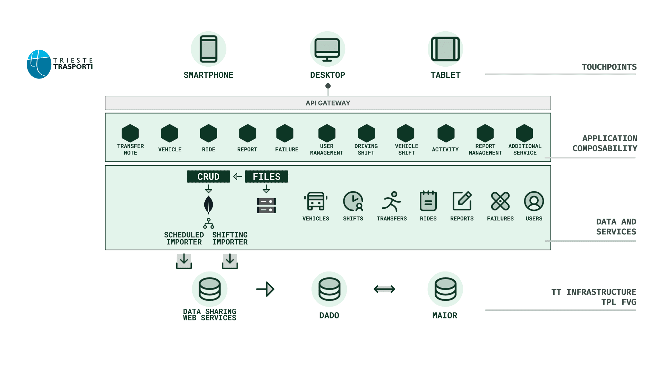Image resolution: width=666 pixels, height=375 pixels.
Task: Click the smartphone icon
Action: (208, 49)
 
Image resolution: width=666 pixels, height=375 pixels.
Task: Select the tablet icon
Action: (445, 49)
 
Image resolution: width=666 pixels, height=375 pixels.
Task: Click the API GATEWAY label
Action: (328, 103)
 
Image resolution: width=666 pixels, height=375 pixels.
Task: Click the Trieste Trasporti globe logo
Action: (39, 64)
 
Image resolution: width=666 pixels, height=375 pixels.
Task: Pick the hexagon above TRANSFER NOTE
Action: (130, 133)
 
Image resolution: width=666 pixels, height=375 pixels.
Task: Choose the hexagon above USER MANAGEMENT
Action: (327, 133)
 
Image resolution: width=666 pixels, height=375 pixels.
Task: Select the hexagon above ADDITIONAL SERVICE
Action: (524, 133)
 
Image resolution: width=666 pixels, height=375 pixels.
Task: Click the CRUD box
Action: (208, 176)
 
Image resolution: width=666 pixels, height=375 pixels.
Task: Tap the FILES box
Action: (266, 176)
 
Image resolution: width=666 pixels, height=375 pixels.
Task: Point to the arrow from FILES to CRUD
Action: (238, 176)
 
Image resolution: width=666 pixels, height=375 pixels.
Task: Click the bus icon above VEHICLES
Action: (316, 201)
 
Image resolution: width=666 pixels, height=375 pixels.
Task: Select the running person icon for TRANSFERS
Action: (392, 201)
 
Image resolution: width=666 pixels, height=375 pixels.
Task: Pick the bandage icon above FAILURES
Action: (500, 201)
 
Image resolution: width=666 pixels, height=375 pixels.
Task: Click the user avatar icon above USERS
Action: (534, 201)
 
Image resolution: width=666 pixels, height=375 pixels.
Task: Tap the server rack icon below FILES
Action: (266, 206)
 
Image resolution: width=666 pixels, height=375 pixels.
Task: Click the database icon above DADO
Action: (329, 289)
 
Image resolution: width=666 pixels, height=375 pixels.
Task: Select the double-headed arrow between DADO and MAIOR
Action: (384, 289)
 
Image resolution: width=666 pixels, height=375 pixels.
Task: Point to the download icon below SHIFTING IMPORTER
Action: (230, 261)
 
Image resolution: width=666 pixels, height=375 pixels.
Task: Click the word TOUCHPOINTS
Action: (609, 67)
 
